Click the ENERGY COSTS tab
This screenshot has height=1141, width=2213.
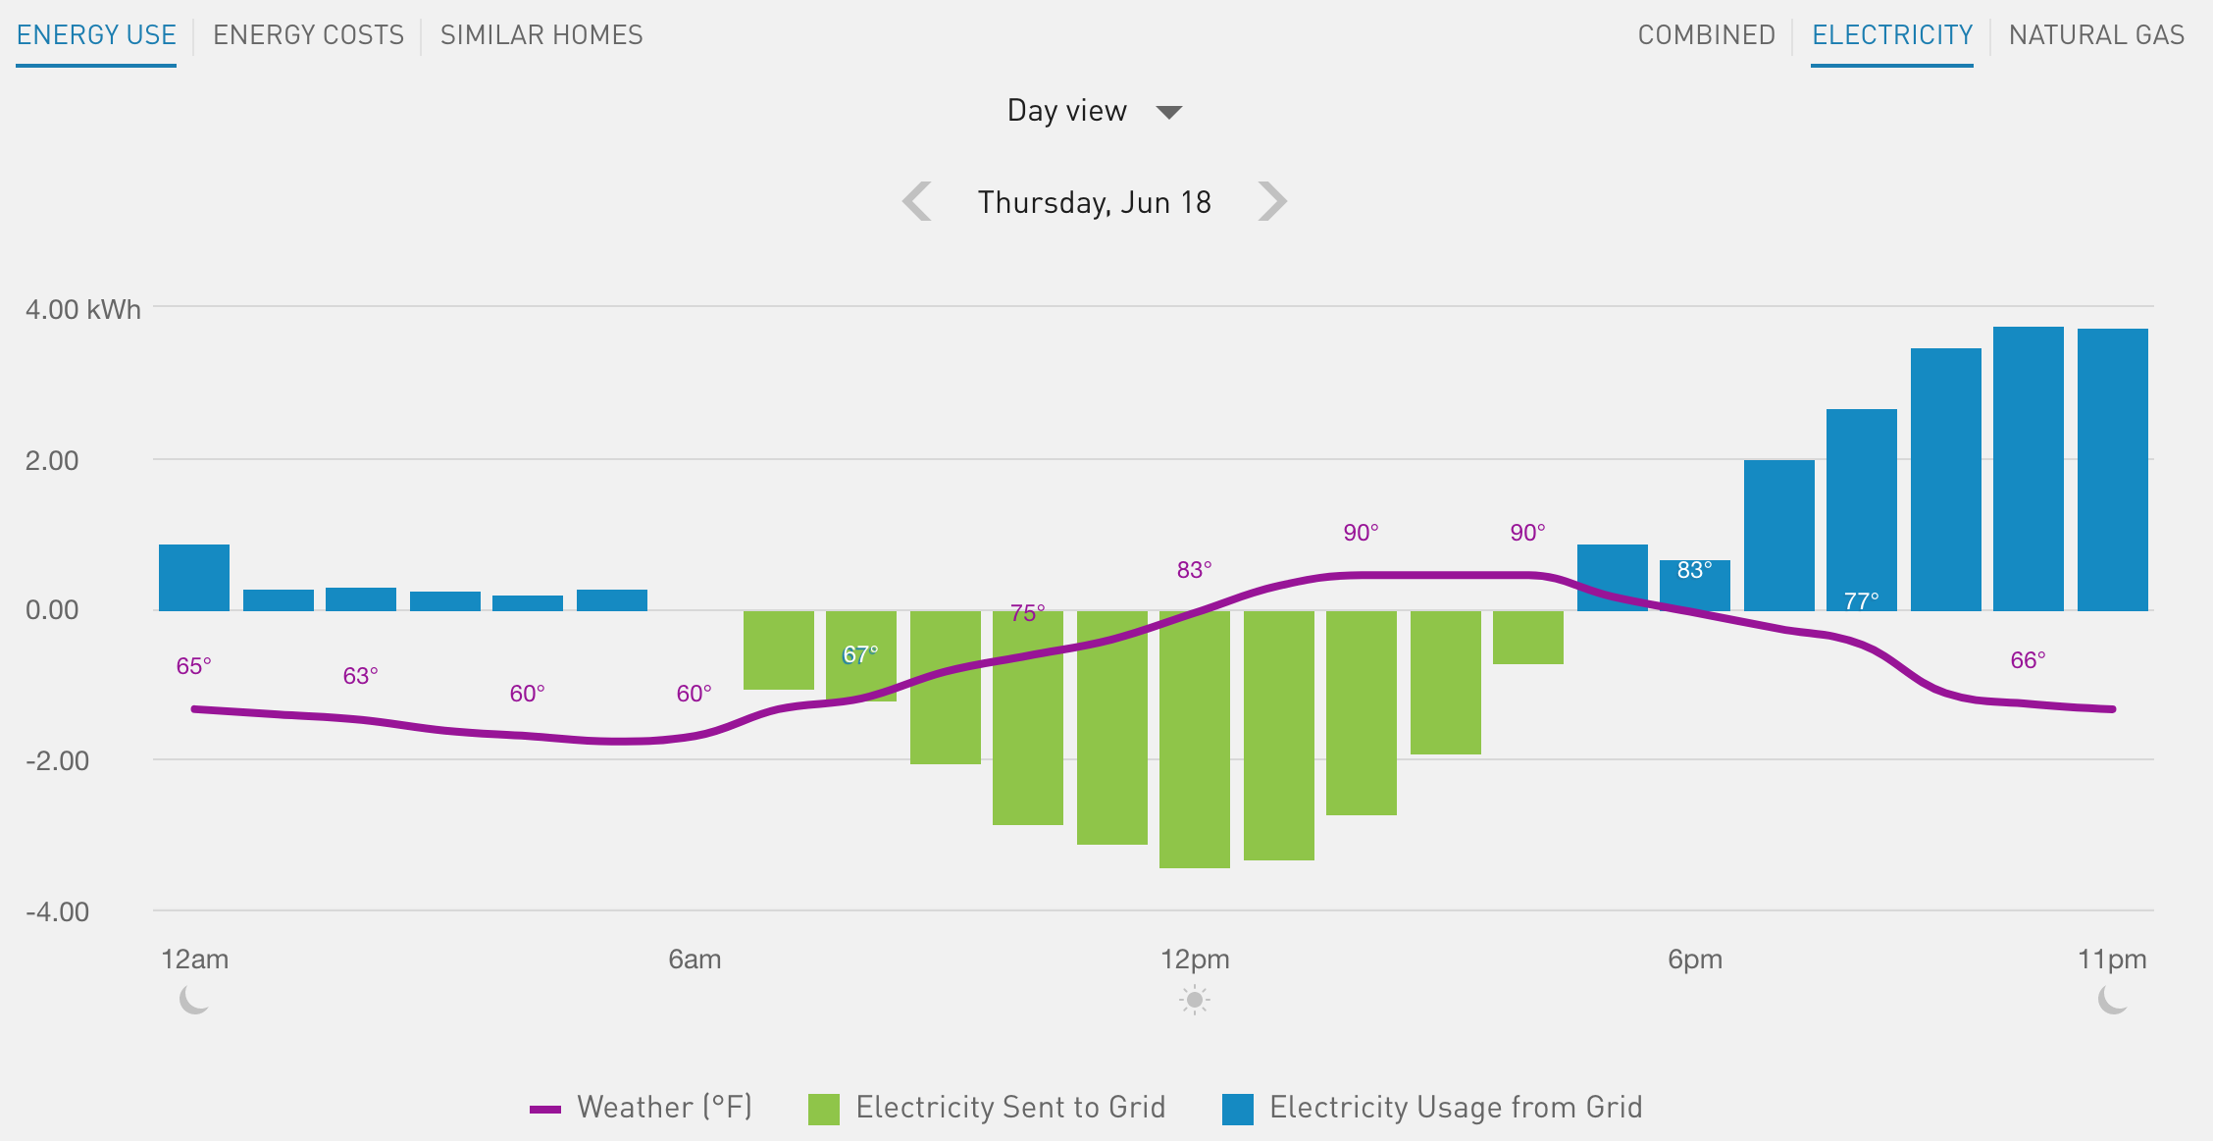pyautogui.click(x=308, y=35)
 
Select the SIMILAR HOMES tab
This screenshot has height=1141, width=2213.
pyautogui.click(x=541, y=35)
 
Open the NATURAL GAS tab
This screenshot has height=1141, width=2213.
pyautogui.click(x=2096, y=35)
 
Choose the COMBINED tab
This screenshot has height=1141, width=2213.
pyautogui.click(x=1706, y=35)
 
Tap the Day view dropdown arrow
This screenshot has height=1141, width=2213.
pyautogui.click(x=1168, y=112)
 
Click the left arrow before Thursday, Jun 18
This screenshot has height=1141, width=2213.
pyautogui.click(x=917, y=201)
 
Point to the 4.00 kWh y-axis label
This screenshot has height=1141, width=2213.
pyautogui.click(x=83, y=310)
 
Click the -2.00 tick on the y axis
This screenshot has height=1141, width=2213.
pyautogui.click(x=57, y=760)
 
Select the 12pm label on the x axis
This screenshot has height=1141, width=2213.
pyautogui.click(x=1195, y=959)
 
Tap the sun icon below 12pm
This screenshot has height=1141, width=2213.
pyautogui.click(x=1195, y=1001)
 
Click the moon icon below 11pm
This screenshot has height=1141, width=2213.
pyautogui.click(x=2112, y=1001)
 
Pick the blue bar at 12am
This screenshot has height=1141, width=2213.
pyautogui.click(x=194, y=578)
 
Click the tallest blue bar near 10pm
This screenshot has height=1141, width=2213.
pyautogui.click(x=2029, y=469)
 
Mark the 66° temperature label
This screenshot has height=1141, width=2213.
pyautogui.click(x=2028, y=660)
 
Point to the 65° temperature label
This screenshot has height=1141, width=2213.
pyautogui.click(x=193, y=666)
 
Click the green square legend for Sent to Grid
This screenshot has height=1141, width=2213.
pyautogui.click(x=824, y=1109)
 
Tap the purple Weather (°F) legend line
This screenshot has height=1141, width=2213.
pyautogui.click(x=545, y=1110)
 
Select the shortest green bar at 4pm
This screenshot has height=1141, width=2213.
pyautogui.click(x=1528, y=638)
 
